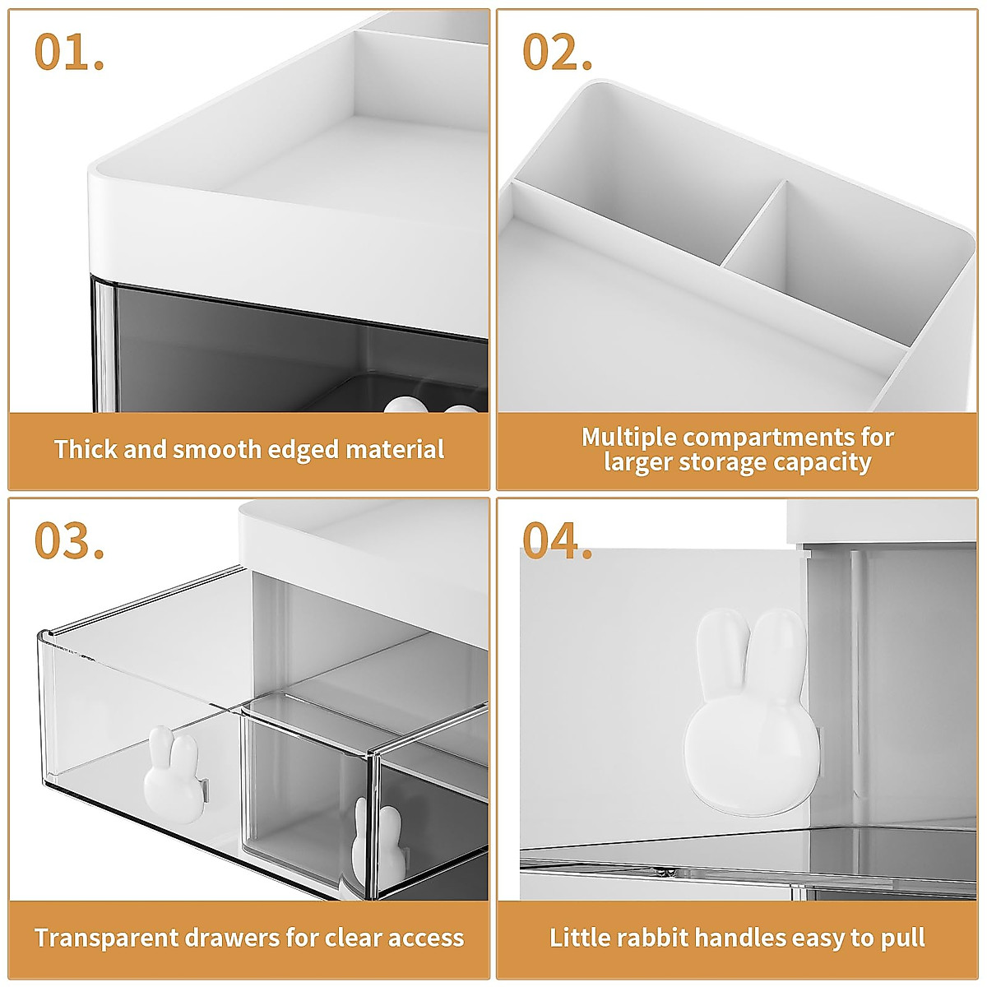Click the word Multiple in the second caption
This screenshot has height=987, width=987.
(628, 437)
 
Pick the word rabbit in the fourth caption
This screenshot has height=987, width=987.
(648, 938)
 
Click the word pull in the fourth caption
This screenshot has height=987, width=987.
(903, 938)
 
